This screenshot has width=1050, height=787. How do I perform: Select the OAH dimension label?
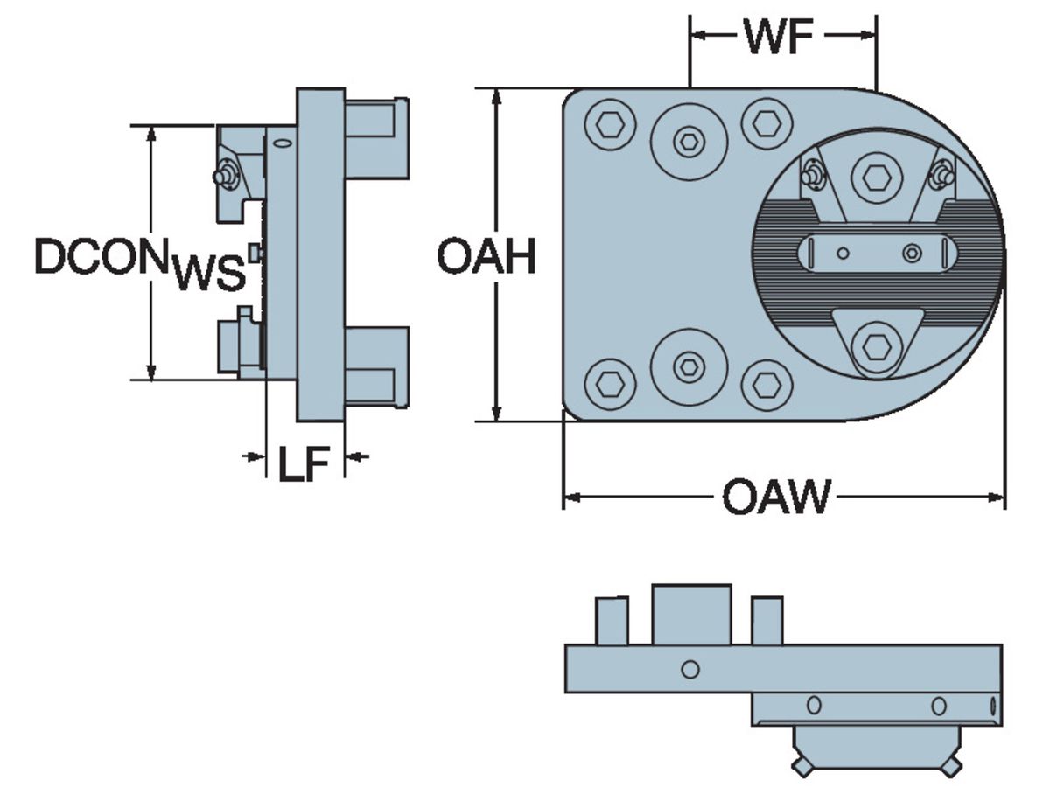coord(486,257)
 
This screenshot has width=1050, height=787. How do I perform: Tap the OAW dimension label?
coord(775,498)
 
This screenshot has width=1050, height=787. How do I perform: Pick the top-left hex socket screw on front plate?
coord(610,126)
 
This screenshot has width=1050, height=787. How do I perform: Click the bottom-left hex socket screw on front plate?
coord(610,383)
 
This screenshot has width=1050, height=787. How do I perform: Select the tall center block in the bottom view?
coord(691,615)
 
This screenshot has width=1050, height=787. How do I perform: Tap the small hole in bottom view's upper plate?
coord(690,670)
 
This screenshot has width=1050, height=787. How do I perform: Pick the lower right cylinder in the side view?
coord(376,367)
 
